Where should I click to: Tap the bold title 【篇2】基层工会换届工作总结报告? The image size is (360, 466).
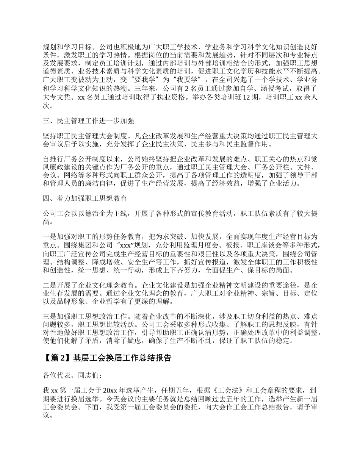pyautogui.click(x=108, y=358)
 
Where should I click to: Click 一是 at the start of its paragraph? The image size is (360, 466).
pyautogui.click(x=50, y=236)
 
